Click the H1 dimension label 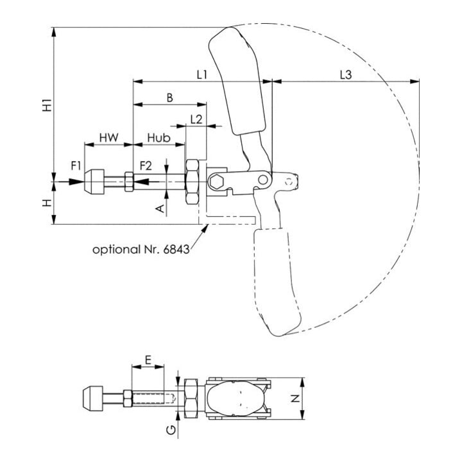(47, 105)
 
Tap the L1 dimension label (202, 75)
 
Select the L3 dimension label (346, 75)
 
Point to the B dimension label (169, 98)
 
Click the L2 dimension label (196, 119)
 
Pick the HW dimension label (108, 137)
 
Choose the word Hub (159, 137)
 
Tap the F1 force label (76, 166)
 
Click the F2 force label (146, 166)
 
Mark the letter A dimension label (160, 209)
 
